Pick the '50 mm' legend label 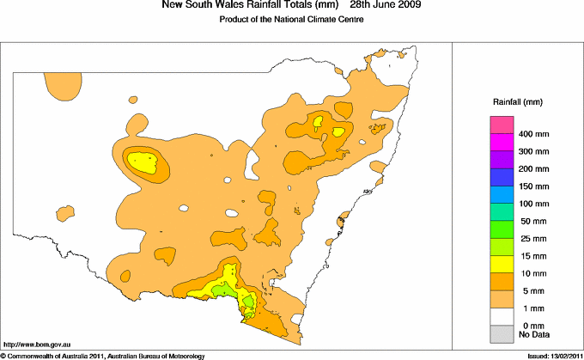[x=529, y=222]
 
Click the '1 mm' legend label [x=527, y=308]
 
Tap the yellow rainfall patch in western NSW [x=143, y=161]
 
